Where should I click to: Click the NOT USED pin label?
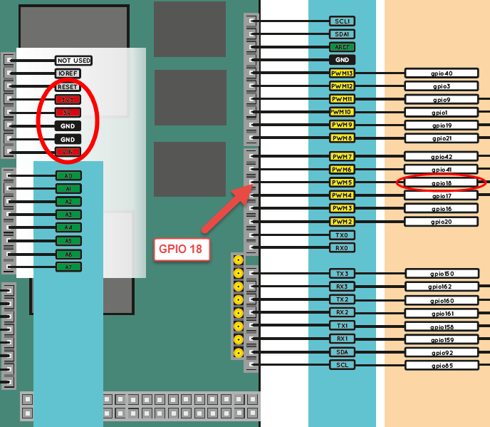pos(74,61)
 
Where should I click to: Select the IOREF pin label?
pos(68,73)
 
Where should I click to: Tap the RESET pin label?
pos(68,86)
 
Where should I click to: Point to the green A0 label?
pos(68,175)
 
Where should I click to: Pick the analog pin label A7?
pos(68,267)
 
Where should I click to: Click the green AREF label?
pos(342,47)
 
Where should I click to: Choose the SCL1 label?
pos(342,21)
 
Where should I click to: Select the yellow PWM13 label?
pos(342,73)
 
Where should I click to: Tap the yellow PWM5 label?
pos(342,182)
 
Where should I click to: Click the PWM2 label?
pos(342,222)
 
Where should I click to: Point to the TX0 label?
pos(342,235)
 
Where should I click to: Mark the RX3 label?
pos(342,287)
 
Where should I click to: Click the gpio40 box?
pos(442,73)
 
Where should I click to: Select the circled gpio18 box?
pos(442,183)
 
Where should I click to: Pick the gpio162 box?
pos(442,287)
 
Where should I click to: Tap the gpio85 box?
pos(442,365)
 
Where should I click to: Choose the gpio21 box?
pos(442,138)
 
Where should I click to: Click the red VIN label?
pos(68,152)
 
